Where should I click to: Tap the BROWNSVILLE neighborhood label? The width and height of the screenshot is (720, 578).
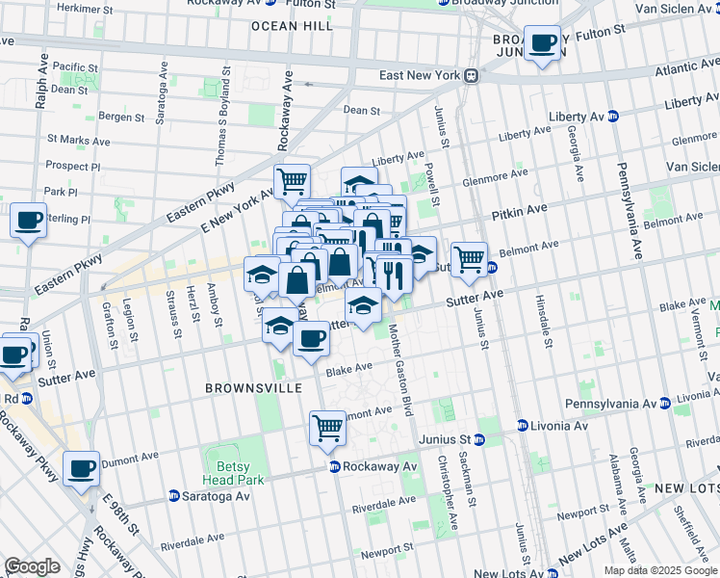[x=253, y=388]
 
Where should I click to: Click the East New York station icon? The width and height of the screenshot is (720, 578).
[x=472, y=75]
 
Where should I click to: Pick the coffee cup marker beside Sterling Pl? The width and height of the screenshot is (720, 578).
[x=29, y=220]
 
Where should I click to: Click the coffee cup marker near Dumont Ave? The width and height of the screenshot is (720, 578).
[x=82, y=468]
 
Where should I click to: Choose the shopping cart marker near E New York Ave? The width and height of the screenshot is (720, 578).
[x=292, y=180]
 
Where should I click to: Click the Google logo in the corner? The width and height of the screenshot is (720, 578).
[x=32, y=566]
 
